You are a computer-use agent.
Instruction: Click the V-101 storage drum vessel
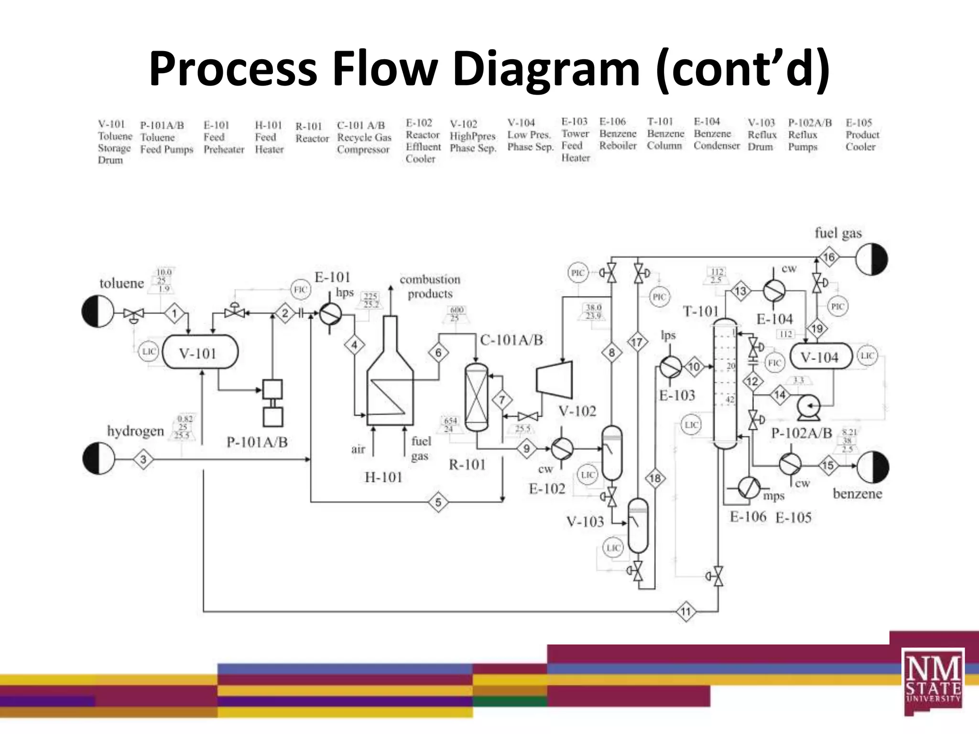(x=200, y=353)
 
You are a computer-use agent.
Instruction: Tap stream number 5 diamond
(x=438, y=502)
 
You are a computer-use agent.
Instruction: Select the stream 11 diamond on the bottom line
(x=686, y=612)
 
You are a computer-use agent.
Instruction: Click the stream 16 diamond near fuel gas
(x=828, y=257)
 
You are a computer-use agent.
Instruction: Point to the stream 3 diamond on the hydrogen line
(x=143, y=460)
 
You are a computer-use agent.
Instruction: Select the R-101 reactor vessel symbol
(x=477, y=398)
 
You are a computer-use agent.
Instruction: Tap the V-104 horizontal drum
(x=821, y=357)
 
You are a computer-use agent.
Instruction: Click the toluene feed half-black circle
(x=98, y=312)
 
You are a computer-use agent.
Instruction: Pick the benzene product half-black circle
(x=873, y=467)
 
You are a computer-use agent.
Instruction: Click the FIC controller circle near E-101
(x=300, y=290)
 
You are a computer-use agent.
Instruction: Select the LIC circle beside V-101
(x=148, y=352)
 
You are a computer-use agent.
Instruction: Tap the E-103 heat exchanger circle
(x=671, y=367)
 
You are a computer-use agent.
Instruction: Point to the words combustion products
(x=430, y=286)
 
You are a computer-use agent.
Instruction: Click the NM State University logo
(x=933, y=680)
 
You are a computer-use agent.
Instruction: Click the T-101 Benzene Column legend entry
(x=665, y=134)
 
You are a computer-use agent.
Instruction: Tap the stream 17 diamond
(x=637, y=342)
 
